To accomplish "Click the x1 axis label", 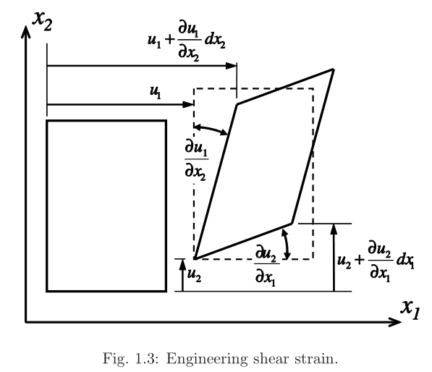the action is pos(410,310).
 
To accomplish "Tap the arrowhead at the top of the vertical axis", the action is pos(25,31).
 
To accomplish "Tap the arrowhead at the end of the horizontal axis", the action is pos(394,322).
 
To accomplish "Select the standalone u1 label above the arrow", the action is pos(156,92).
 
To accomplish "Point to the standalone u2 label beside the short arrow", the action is pos(194,274).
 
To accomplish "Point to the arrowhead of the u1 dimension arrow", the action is pos(188,104).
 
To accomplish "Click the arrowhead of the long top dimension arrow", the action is pos(231,66).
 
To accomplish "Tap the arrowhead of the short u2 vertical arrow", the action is pos(182,264).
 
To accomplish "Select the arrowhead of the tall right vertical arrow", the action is pos(334,229).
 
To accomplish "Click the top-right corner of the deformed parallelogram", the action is pos(334,69).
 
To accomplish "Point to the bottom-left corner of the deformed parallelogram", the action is pos(195,258).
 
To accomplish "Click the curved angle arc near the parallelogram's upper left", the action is pos(211,129).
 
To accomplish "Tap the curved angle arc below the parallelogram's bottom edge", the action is pos(287,244).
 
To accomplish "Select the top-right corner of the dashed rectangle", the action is pos(313,88).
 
